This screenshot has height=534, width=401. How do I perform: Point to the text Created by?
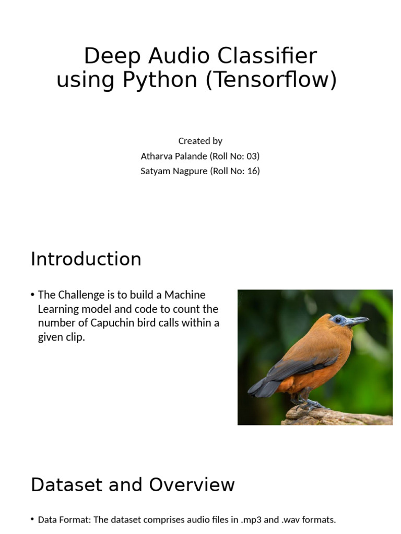click(x=200, y=141)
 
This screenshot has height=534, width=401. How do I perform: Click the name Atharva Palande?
click(x=173, y=156)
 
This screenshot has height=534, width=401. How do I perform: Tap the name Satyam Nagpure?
click(x=174, y=171)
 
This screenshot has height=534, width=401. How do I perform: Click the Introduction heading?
click(x=86, y=259)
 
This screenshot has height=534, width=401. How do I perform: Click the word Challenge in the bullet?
click(x=78, y=295)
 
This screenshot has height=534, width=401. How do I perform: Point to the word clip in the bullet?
click(x=74, y=337)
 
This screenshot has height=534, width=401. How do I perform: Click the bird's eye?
click(x=338, y=319)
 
